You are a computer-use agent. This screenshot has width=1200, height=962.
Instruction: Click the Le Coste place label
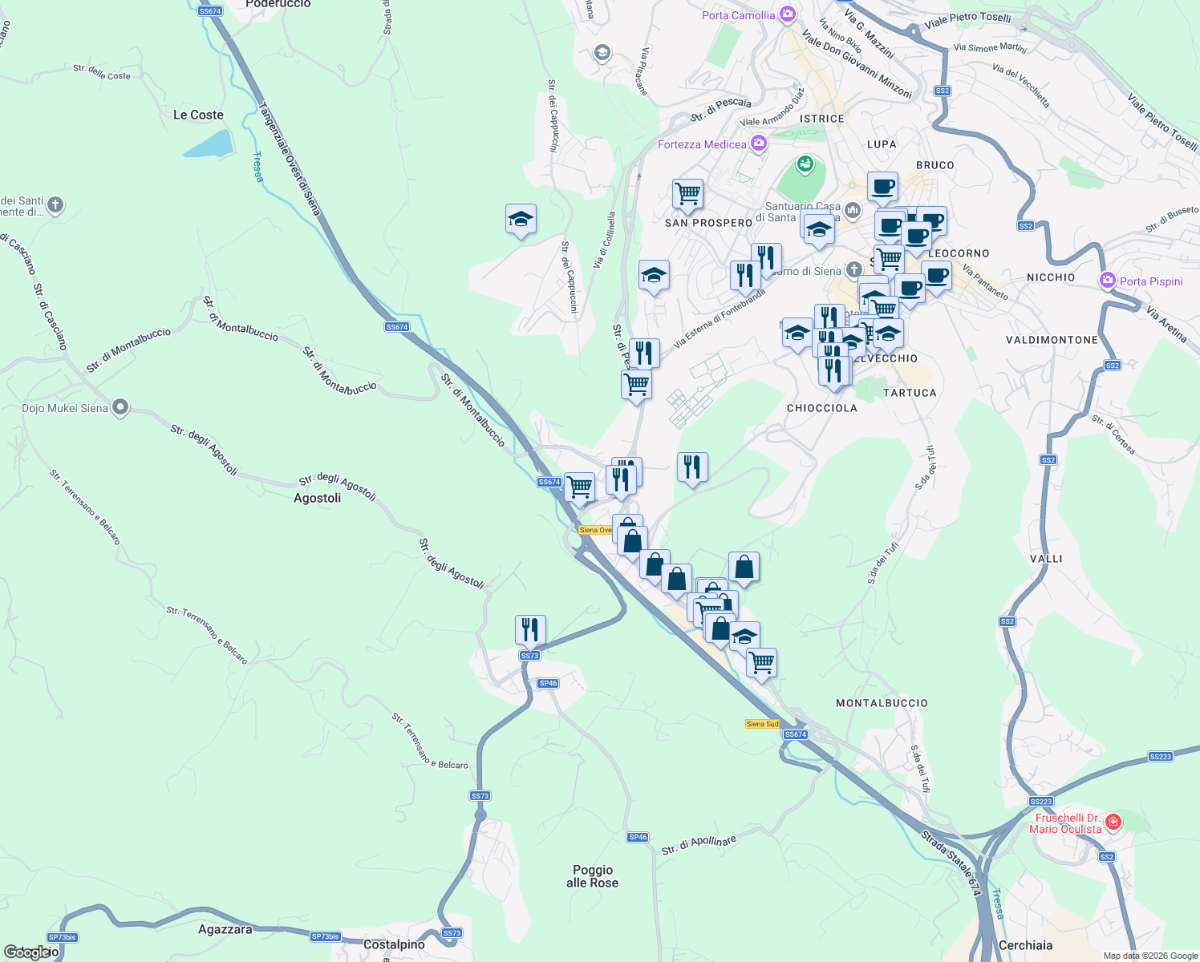click(x=198, y=115)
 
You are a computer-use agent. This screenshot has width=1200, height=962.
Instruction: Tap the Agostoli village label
click(x=317, y=498)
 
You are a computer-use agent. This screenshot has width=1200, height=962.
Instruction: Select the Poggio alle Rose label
click(x=593, y=876)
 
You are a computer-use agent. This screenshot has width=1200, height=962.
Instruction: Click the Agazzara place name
click(x=225, y=929)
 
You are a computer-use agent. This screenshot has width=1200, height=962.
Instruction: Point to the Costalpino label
click(x=394, y=944)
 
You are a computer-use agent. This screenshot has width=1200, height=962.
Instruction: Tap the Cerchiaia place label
click(x=1025, y=945)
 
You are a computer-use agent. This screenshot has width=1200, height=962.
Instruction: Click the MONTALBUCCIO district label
click(x=882, y=703)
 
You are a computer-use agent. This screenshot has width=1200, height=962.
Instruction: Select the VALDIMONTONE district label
click(x=1052, y=340)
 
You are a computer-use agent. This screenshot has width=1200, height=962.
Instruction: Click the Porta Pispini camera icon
click(x=1108, y=281)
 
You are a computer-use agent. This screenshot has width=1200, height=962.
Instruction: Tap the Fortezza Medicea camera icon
click(x=758, y=143)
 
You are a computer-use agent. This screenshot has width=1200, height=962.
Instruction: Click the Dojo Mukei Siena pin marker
click(x=120, y=408)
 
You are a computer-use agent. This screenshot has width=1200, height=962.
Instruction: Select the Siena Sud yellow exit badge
click(x=762, y=724)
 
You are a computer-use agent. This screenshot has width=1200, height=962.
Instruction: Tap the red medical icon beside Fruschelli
click(x=1113, y=822)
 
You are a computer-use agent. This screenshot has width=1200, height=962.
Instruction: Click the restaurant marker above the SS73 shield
click(x=530, y=630)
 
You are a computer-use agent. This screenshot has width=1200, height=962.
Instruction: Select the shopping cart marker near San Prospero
click(x=687, y=194)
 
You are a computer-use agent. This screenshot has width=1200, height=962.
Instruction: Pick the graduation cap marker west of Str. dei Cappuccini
click(x=521, y=219)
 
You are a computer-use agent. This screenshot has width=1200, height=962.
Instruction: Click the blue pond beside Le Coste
click(x=208, y=144)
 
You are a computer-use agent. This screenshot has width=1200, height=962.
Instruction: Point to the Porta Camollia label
click(x=738, y=15)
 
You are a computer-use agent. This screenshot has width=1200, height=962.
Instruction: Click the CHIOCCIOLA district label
click(x=821, y=408)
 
